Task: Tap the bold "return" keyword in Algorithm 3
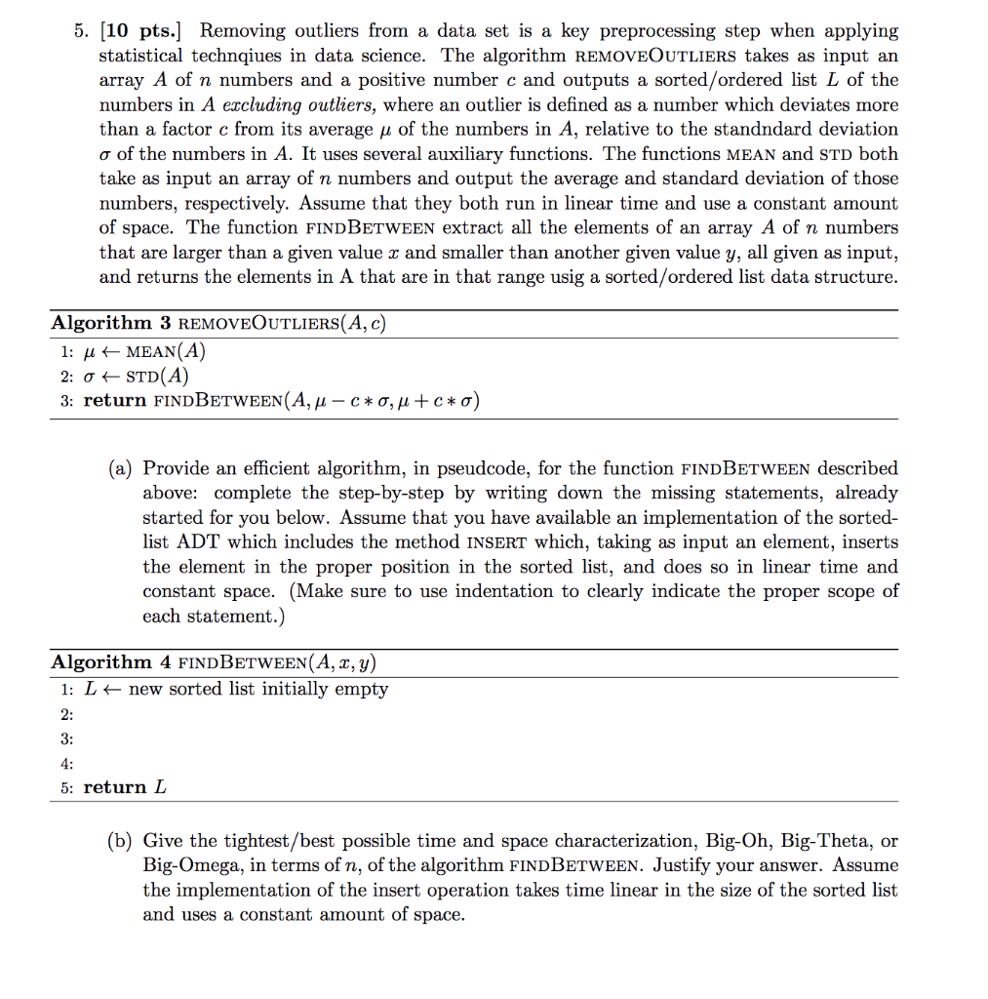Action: (114, 400)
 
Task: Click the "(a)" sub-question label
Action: (124, 468)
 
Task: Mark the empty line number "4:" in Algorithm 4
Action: (66, 763)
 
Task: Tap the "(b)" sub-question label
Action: (124, 841)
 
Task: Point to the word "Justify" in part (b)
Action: (683, 865)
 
